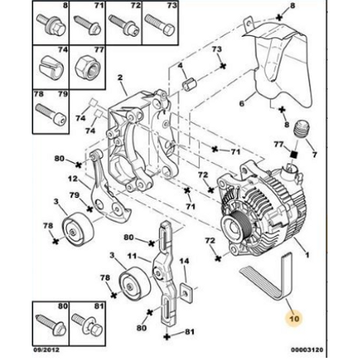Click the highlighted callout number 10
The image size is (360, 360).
click(294, 318)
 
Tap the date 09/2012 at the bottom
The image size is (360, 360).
click(46, 350)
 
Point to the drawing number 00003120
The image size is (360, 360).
click(307, 350)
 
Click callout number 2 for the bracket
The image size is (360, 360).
click(120, 77)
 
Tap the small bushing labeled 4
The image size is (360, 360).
click(189, 84)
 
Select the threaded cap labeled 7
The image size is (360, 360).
click(302, 129)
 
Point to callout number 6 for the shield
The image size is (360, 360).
click(242, 104)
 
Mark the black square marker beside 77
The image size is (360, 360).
click(294, 155)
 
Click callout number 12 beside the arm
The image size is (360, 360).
click(73, 179)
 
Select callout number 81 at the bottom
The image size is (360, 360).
click(189, 332)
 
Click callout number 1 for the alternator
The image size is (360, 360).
click(307, 254)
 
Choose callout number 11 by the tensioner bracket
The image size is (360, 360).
click(132, 256)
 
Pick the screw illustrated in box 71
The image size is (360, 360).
click(86, 24)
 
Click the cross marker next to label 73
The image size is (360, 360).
click(223, 66)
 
